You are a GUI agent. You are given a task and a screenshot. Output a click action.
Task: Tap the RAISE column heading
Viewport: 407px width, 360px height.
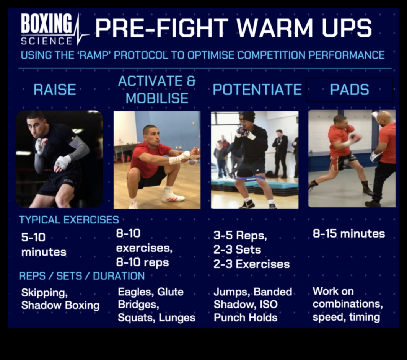[x=54, y=90]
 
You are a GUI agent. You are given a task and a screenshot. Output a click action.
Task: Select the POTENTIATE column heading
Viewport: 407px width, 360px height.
[x=257, y=90]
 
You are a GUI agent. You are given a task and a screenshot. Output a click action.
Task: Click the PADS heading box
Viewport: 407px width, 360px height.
[x=349, y=90]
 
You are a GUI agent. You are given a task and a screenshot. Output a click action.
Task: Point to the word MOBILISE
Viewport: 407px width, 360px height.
[x=157, y=98]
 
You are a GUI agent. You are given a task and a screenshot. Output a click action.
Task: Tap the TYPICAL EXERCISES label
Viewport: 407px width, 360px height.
[x=69, y=220]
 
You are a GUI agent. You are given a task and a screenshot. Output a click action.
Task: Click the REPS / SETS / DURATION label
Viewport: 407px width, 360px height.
[x=82, y=276]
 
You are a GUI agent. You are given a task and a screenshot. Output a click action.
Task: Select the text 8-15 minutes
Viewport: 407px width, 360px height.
[x=349, y=234]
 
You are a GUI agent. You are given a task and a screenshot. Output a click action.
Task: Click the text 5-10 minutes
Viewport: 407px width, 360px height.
[x=43, y=245]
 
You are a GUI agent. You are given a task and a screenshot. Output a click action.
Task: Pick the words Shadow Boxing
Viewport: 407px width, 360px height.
[x=60, y=305]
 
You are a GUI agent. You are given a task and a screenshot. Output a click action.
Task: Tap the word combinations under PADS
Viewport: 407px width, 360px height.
[x=347, y=304]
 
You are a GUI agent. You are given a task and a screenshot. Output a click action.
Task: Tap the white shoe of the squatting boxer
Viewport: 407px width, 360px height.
[x=173, y=196]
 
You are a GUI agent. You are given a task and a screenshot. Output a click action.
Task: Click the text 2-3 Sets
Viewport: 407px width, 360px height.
[x=237, y=250]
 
